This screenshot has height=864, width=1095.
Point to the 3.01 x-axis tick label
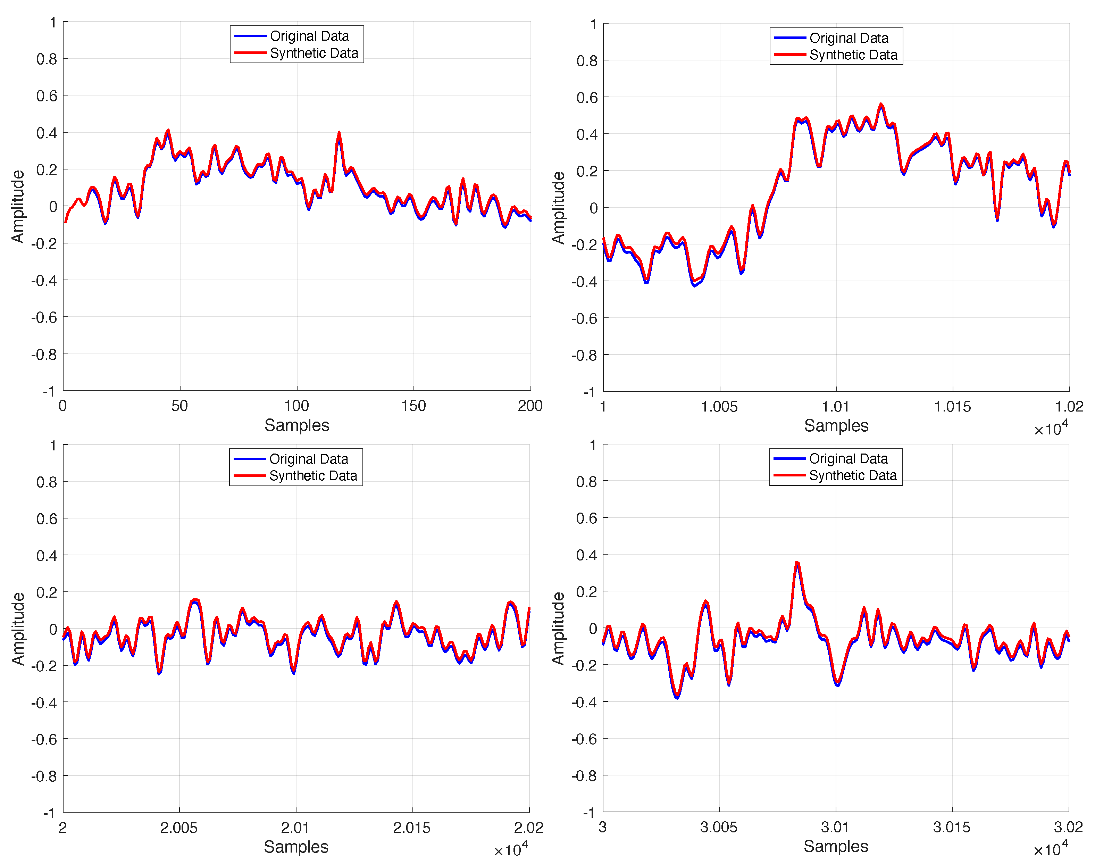pyautogui.click(x=835, y=827)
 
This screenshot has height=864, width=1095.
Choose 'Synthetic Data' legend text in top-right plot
pyautogui.click(x=853, y=55)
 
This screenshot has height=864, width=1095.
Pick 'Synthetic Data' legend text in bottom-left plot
pyautogui.click(x=313, y=476)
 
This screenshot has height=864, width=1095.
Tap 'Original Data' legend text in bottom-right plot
pyautogui.click(x=848, y=459)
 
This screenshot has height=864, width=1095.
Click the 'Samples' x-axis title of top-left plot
pyautogui.click(x=297, y=425)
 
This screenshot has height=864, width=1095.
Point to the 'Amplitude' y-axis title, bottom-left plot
pyautogui.click(x=18, y=629)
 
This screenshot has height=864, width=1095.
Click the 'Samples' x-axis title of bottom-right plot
pyautogui.click(x=836, y=846)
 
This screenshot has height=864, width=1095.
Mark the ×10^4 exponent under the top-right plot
pyautogui.click(x=1051, y=429)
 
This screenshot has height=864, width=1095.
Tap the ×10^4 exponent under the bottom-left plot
pyautogui.click(x=511, y=849)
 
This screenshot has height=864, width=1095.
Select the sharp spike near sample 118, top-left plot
pyautogui.click(x=339, y=133)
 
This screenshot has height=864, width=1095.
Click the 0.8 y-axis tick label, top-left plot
pyautogui.click(x=47, y=59)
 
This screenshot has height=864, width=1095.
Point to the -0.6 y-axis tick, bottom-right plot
pyautogui.click(x=586, y=739)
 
